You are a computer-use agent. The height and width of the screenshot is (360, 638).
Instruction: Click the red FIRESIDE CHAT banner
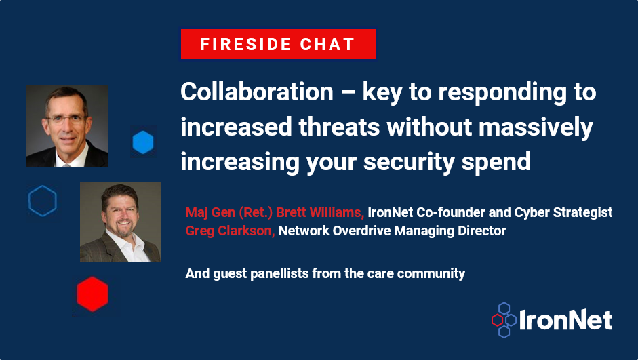click(x=278, y=44)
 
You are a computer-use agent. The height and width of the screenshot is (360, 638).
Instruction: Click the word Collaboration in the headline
click(x=257, y=92)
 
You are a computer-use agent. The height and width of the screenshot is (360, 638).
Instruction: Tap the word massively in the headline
click(x=536, y=127)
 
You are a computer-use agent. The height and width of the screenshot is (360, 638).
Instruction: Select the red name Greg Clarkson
click(x=230, y=231)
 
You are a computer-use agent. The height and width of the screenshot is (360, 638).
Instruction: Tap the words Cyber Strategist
click(x=563, y=212)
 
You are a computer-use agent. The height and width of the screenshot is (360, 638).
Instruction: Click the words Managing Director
click(x=450, y=231)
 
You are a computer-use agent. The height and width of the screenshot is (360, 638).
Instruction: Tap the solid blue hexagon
click(x=143, y=142)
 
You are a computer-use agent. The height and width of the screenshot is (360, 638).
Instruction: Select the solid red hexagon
click(x=92, y=294)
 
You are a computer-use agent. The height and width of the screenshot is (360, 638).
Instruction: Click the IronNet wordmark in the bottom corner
click(x=565, y=320)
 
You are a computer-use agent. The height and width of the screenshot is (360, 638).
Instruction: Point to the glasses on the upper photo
click(x=66, y=119)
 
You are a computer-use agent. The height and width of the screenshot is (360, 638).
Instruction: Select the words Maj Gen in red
click(x=210, y=212)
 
